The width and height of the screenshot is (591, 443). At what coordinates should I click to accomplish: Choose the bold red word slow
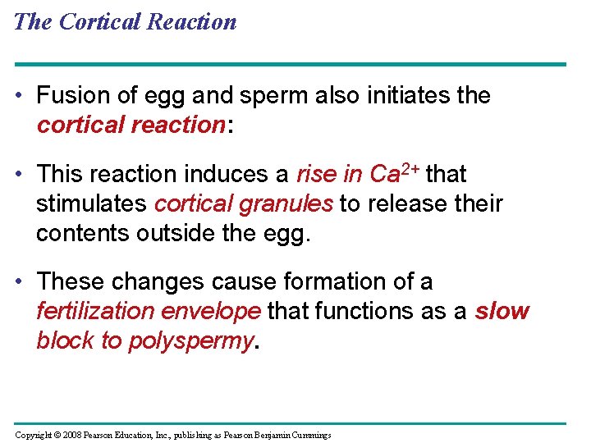pyautogui.click(x=502, y=312)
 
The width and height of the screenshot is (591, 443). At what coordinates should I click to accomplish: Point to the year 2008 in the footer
pyautogui.click(x=71, y=435)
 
